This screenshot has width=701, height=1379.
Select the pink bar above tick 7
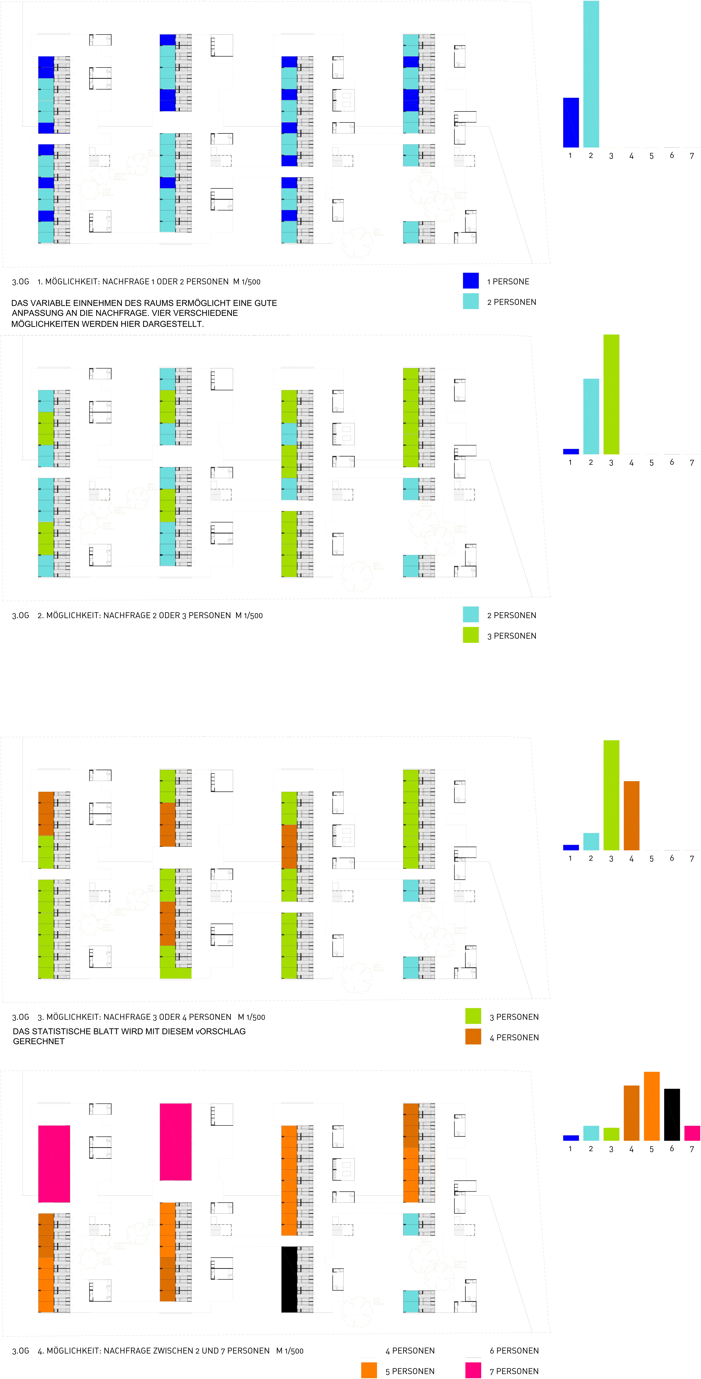[x=692, y=1133]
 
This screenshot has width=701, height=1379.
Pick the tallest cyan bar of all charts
[x=591, y=74]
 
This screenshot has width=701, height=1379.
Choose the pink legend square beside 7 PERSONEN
[x=473, y=1370]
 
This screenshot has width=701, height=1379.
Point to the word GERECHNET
[x=39, y=1041]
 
